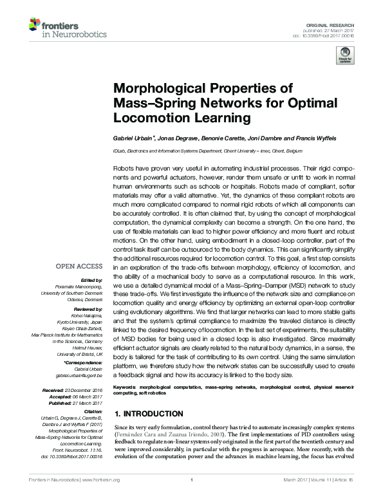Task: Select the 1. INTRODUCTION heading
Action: [x=148, y=414]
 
